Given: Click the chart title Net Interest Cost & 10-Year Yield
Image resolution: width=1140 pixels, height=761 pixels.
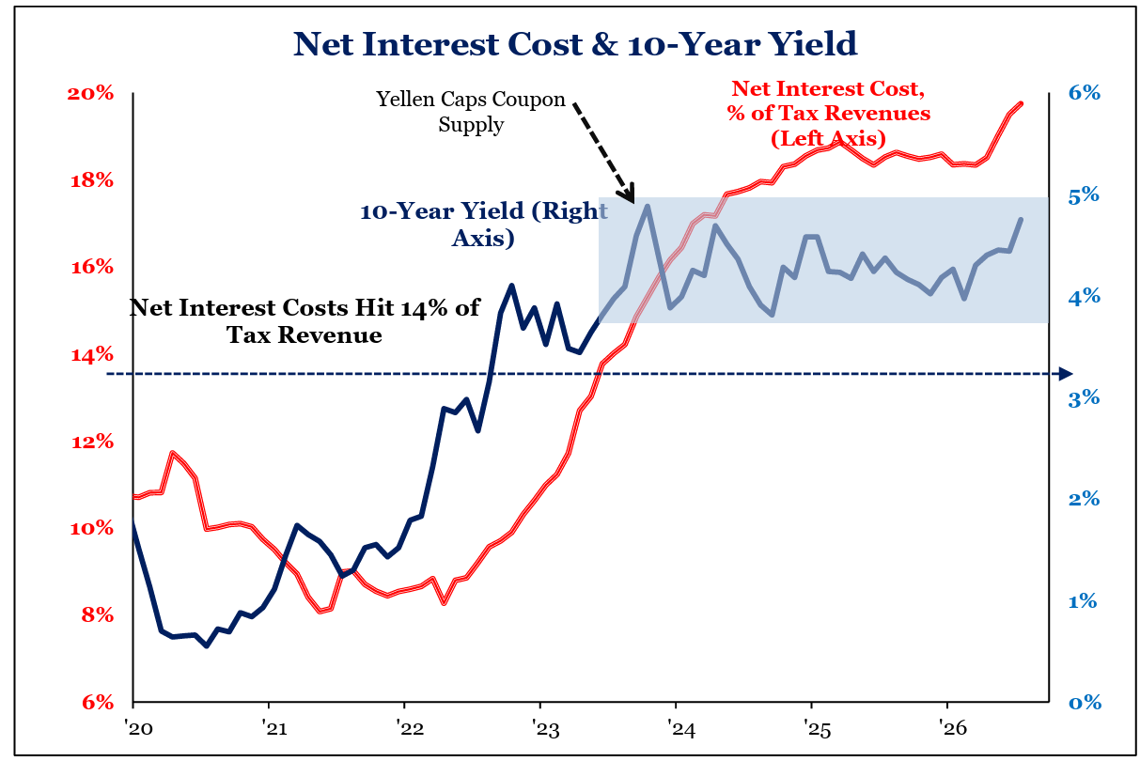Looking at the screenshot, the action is click(x=575, y=44).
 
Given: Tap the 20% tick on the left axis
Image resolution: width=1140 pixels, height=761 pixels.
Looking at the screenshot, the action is click(x=90, y=94).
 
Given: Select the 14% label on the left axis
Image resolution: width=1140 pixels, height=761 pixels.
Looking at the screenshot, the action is click(x=92, y=354).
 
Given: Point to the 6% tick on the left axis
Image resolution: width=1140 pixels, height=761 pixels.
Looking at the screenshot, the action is click(x=98, y=703).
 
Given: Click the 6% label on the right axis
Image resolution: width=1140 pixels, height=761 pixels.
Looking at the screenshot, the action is click(x=1085, y=93).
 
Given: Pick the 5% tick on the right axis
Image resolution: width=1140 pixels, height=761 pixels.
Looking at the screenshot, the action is click(x=1085, y=195).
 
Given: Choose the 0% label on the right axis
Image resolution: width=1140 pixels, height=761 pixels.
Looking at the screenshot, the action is click(x=1085, y=703).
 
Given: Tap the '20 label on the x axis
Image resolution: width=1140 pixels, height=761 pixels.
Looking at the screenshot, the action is click(x=138, y=728).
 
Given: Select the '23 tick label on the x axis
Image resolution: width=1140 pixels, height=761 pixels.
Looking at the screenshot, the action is click(x=546, y=728).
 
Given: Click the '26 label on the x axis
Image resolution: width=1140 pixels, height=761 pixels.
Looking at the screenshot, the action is click(x=953, y=728).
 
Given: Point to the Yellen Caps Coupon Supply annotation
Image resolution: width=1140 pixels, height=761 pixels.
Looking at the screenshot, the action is click(x=471, y=112).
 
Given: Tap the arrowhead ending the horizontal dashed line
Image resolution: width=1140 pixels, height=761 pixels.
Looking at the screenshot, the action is click(x=1066, y=374).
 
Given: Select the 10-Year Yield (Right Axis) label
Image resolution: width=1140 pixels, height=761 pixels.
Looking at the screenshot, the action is click(x=484, y=225).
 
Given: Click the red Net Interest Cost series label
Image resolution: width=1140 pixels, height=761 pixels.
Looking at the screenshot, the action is click(x=829, y=114).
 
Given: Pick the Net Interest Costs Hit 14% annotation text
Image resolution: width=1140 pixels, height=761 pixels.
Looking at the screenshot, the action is click(x=305, y=321).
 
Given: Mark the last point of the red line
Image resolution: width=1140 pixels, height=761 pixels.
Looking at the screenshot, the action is click(x=1021, y=103).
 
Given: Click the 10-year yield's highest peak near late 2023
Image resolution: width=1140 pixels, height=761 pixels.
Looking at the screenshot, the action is click(x=648, y=206).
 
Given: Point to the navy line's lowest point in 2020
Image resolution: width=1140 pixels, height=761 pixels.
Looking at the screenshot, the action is click(x=207, y=646).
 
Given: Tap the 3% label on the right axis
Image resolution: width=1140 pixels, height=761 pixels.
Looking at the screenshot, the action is click(x=1085, y=398).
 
